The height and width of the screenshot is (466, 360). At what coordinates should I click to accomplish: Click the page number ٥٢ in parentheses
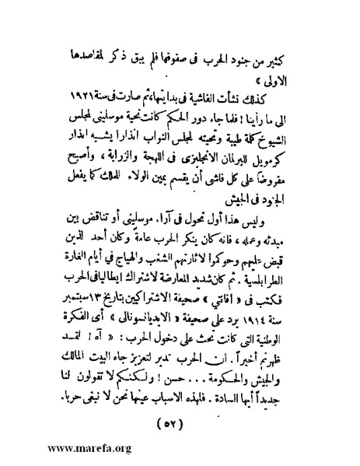(183, 401)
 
